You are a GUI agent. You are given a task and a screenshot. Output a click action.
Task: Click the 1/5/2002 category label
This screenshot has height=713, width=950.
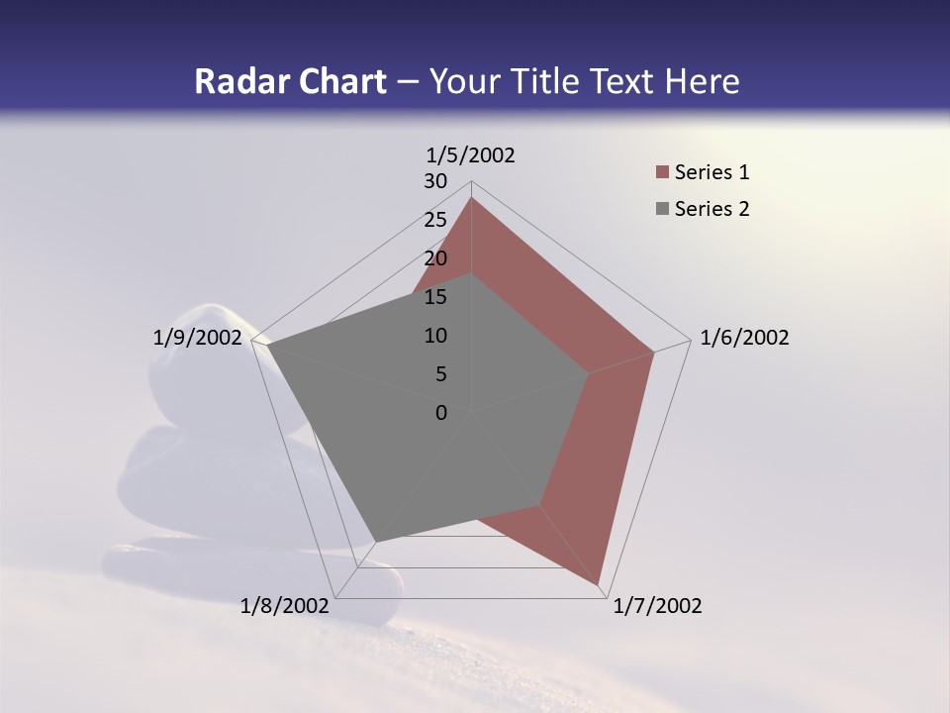(471, 154)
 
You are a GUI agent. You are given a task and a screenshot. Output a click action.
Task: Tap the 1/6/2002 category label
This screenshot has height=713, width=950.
(744, 338)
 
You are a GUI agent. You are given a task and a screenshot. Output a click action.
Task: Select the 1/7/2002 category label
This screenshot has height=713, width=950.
(657, 606)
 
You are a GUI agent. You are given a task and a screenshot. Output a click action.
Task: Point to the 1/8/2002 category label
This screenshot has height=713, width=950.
(285, 606)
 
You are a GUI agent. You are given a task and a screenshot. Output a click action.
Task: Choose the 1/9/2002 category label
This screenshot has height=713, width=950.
(198, 338)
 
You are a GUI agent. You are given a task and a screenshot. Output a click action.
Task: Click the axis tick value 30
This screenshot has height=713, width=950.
(435, 181)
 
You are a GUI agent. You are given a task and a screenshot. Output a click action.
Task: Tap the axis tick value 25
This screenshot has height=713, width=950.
(435, 220)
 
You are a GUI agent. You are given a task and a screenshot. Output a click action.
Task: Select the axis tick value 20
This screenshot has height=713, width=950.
(435, 258)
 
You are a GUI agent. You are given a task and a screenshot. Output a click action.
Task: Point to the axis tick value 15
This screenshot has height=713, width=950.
(435, 297)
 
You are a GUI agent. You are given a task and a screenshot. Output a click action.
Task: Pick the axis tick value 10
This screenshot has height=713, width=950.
(435, 336)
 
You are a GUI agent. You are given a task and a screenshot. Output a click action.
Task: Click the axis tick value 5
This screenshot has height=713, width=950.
(440, 374)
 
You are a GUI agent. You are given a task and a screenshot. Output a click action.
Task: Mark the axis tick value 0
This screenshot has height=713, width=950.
(441, 413)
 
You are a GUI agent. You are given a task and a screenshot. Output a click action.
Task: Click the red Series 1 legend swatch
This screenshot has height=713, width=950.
(662, 173)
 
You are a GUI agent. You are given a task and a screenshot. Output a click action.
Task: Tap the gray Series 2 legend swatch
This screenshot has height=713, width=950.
(662, 209)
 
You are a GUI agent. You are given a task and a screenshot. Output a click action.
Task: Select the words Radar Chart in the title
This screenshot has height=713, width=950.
(290, 81)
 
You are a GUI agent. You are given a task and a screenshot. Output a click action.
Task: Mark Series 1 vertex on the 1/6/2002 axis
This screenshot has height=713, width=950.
(654, 352)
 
